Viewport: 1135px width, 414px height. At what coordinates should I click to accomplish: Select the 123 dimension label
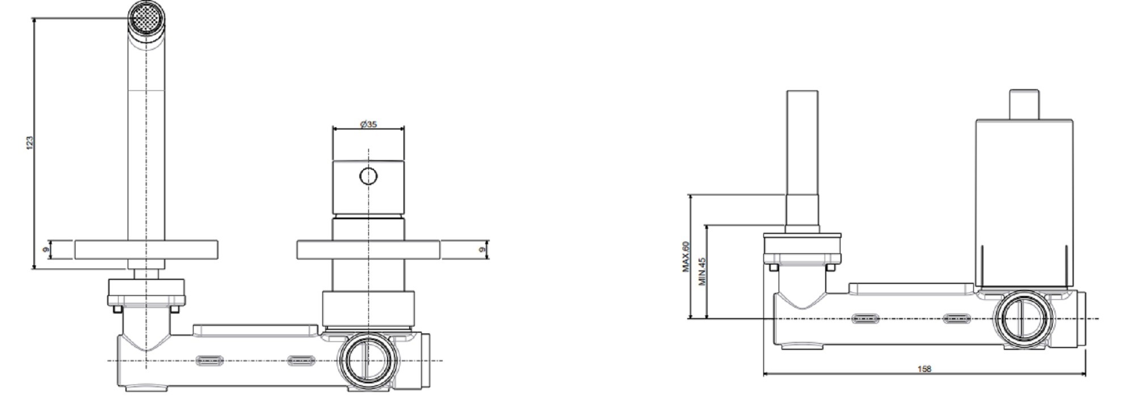pos(30,143)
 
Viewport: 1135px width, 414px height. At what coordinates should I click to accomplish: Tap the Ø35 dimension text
pos(368,124)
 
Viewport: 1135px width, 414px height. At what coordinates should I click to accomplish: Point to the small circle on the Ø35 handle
pos(368,177)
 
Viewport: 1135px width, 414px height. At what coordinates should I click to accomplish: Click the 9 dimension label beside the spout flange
pos(46,249)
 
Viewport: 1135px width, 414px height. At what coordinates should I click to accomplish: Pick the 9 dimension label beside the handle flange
pos(482,249)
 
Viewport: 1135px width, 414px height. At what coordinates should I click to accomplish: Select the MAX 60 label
pos(686,257)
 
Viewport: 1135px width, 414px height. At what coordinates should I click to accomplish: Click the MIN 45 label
pos(702,271)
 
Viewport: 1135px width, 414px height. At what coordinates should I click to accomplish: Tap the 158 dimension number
pos(924,369)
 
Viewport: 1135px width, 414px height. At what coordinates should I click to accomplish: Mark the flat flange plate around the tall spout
pos(146,250)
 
